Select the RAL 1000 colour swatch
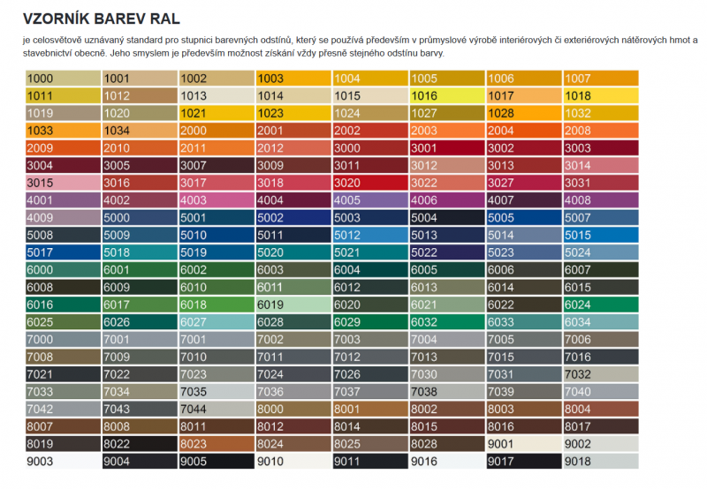[63, 79]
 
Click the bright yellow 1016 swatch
[446, 95]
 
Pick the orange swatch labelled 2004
[523, 131]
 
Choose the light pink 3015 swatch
[63, 183]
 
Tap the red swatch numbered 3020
[369, 183]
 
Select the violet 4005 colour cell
[369, 200]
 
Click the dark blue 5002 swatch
[293, 218]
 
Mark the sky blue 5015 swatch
[600, 235]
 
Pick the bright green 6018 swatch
[216, 305]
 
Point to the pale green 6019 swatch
[293, 305]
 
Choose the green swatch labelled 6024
[600, 305]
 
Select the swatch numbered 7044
[216, 409]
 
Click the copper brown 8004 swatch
[600, 409]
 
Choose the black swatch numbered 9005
[216, 461]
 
